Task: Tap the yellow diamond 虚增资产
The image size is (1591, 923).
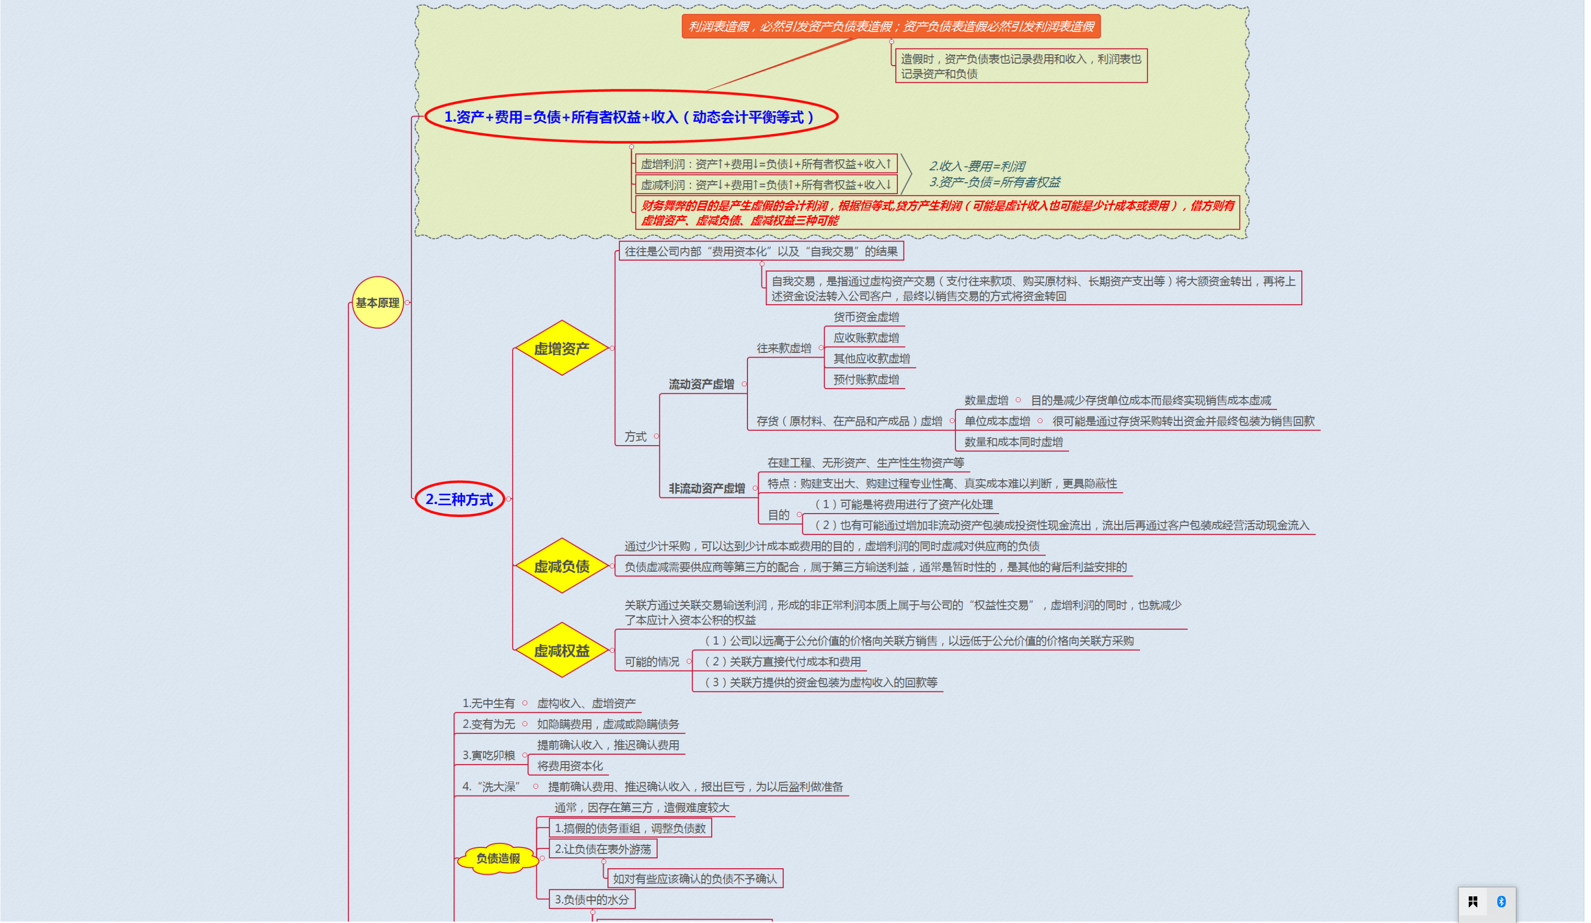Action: click(561, 348)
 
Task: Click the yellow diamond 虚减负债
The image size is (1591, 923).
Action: click(561, 566)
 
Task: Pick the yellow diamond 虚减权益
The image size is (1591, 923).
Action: click(561, 651)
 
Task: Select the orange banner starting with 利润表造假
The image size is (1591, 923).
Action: click(890, 27)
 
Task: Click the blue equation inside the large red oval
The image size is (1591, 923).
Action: click(630, 117)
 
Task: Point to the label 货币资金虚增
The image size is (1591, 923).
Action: click(865, 317)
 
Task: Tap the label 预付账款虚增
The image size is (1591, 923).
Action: click(865, 379)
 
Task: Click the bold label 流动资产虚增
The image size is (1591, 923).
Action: click(701, 384)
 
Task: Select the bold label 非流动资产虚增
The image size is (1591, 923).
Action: click(707, 488)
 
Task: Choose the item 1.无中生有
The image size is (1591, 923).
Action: click(488, 703)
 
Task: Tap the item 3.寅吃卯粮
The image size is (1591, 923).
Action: click(488, 755)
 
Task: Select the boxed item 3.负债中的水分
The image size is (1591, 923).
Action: click(591, 900)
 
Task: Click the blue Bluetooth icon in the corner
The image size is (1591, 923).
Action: click(1502, 902)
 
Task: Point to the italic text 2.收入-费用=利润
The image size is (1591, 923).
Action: click(977, 166)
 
